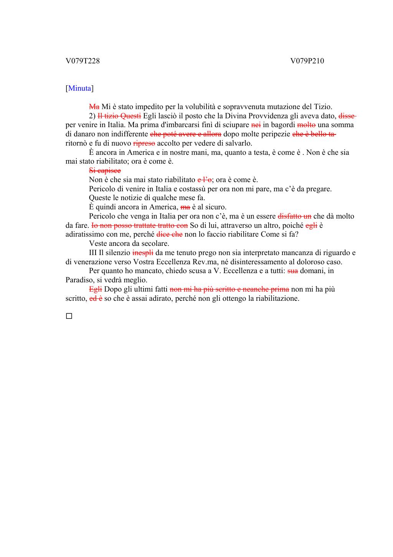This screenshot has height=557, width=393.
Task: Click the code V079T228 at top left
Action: (x=83, y=61)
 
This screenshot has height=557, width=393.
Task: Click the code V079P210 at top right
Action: (x=307, y=61)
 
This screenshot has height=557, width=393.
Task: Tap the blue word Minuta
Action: (x=80, y=88)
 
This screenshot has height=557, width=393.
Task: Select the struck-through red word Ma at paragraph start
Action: (x=94, y=107)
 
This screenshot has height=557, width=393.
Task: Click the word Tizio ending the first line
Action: (x=322, y=107)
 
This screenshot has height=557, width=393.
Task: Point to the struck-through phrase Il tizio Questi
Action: (x=119, y=116)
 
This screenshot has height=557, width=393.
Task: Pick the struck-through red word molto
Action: (x=306, y=125)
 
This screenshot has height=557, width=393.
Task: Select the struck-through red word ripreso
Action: (x=144, y=143)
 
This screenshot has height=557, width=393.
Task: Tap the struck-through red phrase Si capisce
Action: (x=105, y=171)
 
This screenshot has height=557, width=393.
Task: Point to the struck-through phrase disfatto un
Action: (x=294, y=216)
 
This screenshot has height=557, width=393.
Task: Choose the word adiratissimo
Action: (x=86, y=234)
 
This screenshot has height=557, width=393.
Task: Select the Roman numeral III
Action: (x=93, y=253)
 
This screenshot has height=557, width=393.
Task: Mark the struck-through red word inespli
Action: (x=143, y=253)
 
